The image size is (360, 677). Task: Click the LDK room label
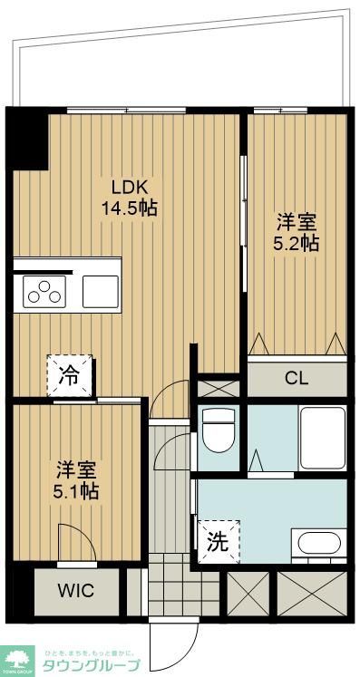coord(131,187)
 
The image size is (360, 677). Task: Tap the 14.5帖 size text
coord(131,208)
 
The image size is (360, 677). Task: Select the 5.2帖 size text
coord(297,243)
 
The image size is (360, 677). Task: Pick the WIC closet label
coord(77,591)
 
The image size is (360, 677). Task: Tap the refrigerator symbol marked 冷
coord(70,374)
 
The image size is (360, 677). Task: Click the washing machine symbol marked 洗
coord(219,542)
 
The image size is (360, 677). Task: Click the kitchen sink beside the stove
coord(100,292)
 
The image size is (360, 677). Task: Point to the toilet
coord(218,431)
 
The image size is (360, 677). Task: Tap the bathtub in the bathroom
coord(322,437)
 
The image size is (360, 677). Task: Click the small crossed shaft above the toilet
coord(219,387)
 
